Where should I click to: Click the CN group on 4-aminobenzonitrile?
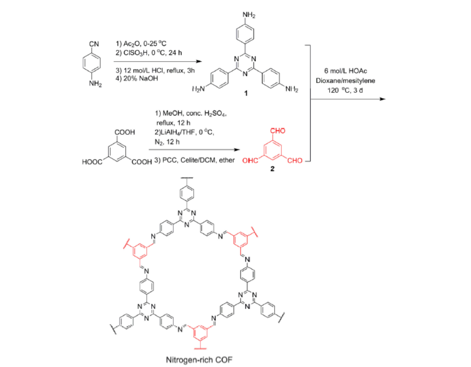(x=94, y=44)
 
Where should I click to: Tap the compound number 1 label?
(x=246, y=93)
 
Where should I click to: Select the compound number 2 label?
(x=272, y=169)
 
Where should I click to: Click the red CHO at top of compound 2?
(x=278, y=130)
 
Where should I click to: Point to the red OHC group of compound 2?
(x=250, y=161)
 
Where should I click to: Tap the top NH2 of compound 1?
(x=249, y=15)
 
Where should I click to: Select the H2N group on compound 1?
(x=198, y=89)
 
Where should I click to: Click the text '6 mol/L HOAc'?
(x=345, y=71)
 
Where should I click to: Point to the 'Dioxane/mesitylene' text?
(x=345, y=81)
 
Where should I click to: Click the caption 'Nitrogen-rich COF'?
(x=199, y=360)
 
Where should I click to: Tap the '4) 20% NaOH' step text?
(x=137, y=79)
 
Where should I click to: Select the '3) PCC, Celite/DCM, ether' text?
(x=194, y=161)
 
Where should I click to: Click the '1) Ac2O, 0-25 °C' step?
(x=141, y=44)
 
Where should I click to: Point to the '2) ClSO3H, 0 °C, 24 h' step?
(x=149, y=53)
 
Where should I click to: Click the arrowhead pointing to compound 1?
(x=199, y=62)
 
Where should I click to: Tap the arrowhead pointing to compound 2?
(x=237, y=150)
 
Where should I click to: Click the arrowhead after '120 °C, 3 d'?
(x=383, y=99)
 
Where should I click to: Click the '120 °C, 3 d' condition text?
(x=345, y=90)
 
